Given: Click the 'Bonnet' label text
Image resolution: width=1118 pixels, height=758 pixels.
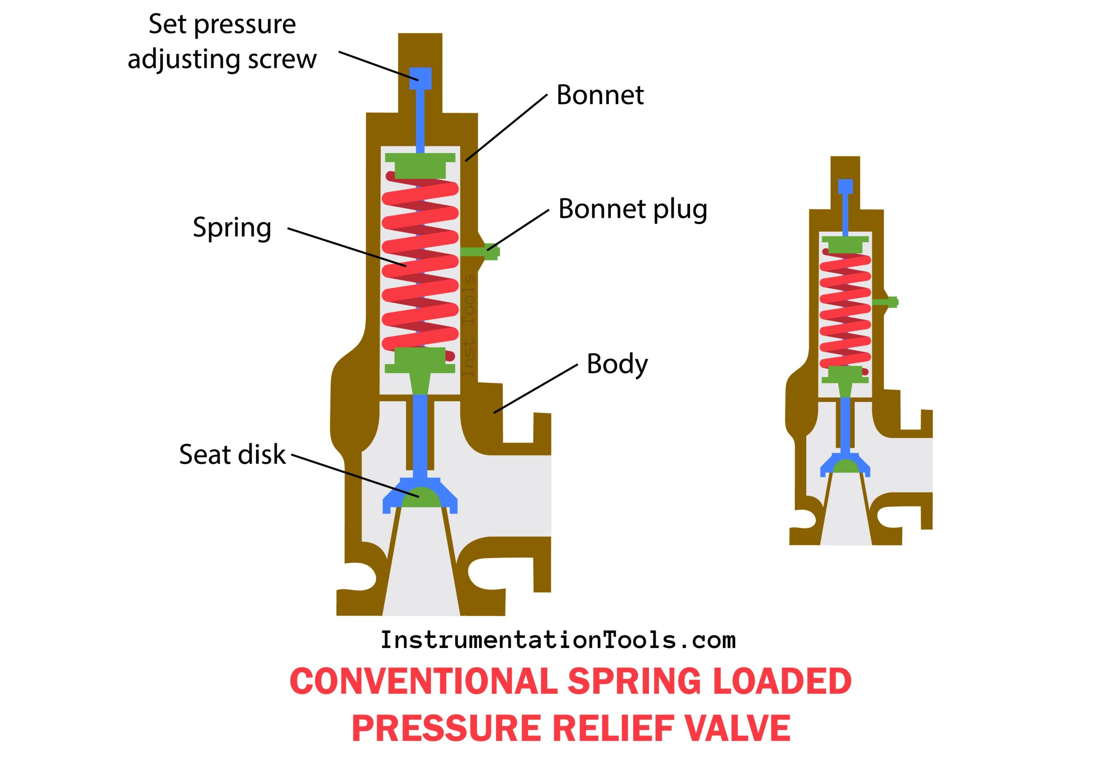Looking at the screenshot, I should pyautogui.click(x=600, y=95).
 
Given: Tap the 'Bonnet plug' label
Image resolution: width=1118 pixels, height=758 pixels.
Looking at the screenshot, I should pyautogui.click(x=632, y=209).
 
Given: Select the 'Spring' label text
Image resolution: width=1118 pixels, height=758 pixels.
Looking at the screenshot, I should pyautogui.click(x=232, y=228).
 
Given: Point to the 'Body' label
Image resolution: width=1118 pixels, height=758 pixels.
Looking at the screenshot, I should pyautogui.click(x=617, y=364).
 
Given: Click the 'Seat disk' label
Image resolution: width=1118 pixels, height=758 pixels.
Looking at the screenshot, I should pyautogui.click(x=232, y=455).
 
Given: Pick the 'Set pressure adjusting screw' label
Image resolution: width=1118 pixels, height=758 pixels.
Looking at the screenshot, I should pyautogui.click(x=222, y=42).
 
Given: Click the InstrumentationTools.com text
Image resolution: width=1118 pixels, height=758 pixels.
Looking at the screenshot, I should pyautogui.click(x=558, y=640).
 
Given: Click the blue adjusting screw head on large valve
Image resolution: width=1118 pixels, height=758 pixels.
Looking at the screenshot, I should pyautogui.click(x=420, y=78).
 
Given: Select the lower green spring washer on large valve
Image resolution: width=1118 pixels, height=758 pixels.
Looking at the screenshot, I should pyautogui.click(x=420, y=361).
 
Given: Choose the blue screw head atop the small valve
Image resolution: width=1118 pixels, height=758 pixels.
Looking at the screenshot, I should pyautogui.click(x=845, y=186).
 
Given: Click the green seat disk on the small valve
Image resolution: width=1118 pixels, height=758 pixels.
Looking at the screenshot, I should pyautogui.click(x=845, y=465).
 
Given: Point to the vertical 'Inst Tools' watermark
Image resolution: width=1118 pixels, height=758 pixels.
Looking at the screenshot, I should pyautogui.click(x=468, y=325).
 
